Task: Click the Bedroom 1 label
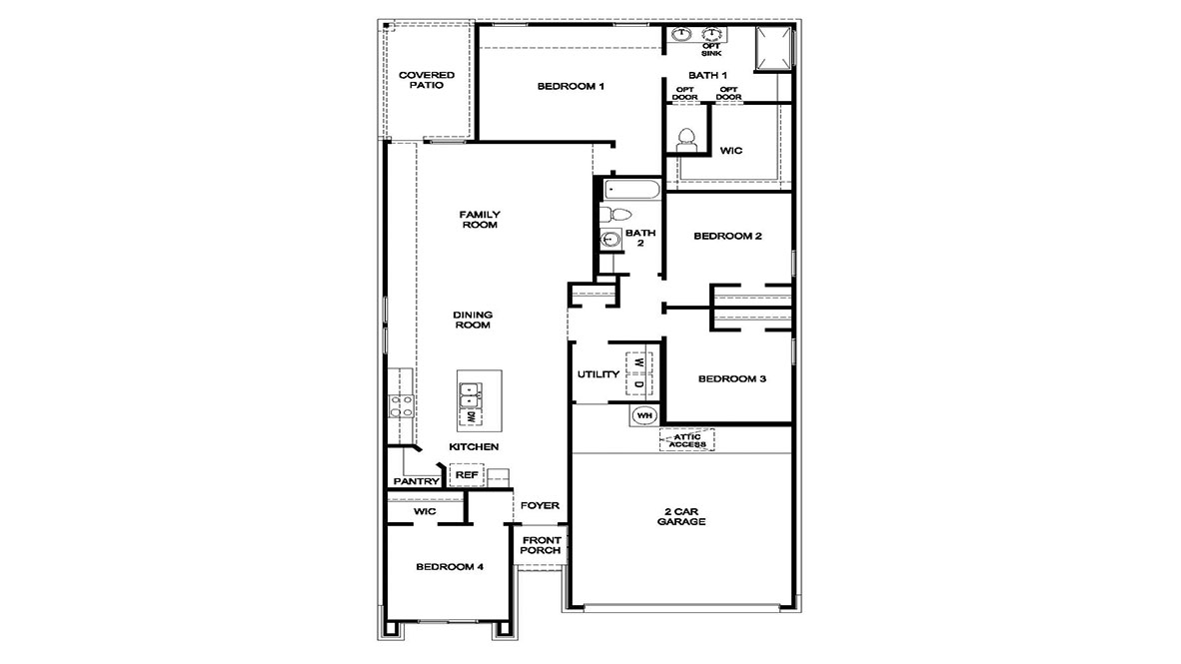coord(571,87)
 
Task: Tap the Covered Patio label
coord(427,80)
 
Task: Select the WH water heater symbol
coord(643,415)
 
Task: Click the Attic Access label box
coord(687,440)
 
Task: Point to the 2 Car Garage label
coord(682,516)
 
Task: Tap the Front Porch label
coord(541,545)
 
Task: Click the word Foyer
coord(541,506)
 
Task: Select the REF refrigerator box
coord(467,476)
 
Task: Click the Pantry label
coord(416,481)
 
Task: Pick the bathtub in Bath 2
coord(630,190)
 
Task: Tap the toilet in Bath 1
coord(686,139)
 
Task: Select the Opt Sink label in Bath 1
coord(711,50)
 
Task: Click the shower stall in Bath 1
coord(774,49)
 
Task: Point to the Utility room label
coord(597,375)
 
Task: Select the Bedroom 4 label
coord(450,567)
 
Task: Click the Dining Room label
coord(474,320)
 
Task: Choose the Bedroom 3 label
coord(732,379)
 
